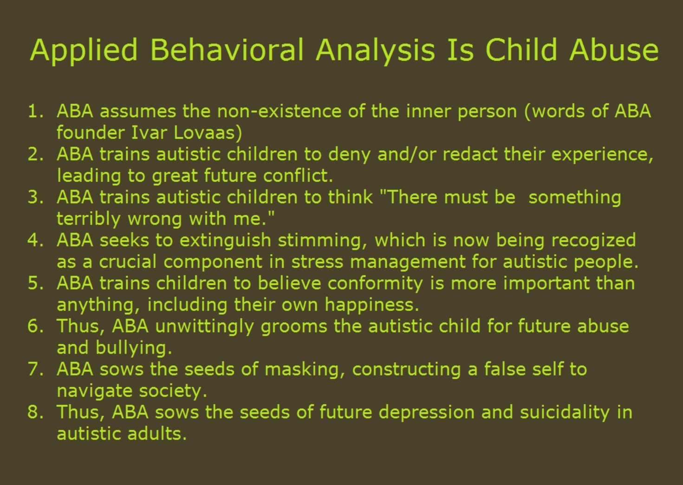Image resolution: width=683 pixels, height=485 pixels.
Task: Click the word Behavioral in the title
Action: [x=227, y=50]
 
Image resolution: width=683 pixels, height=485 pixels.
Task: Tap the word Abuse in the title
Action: [x=614, y=50]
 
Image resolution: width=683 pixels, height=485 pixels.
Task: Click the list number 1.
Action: [x=36, y=111]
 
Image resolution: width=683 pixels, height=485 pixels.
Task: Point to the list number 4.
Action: [x=36, y=240]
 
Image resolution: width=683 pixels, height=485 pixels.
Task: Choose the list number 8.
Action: [x=36, y=412]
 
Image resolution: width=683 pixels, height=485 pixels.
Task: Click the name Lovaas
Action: [x=208, y=133]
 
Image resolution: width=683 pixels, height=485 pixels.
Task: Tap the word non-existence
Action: [x=279, y=111]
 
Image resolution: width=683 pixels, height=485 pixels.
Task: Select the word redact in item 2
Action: [x=470, y=154]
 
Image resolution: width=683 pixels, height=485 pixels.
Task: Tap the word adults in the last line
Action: [x=157, y=433]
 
